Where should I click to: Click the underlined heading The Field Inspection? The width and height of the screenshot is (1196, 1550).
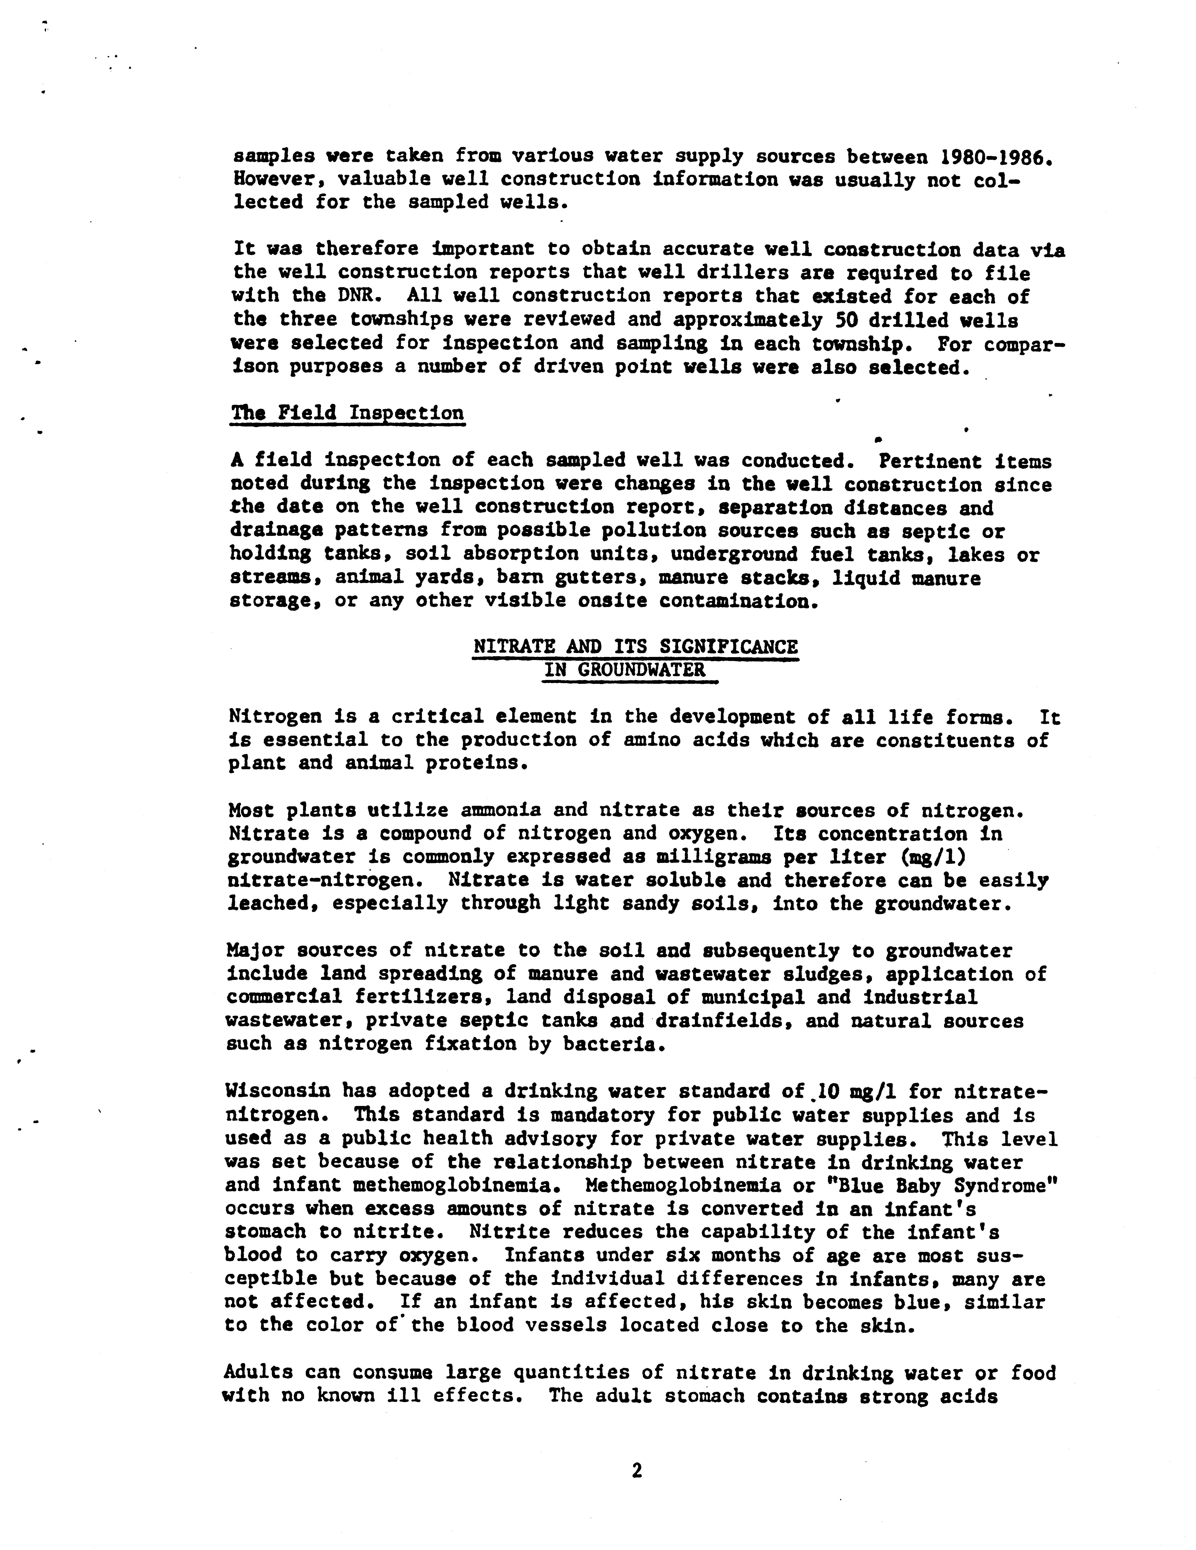(x=347, y=413)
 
